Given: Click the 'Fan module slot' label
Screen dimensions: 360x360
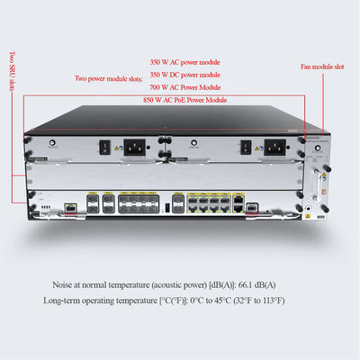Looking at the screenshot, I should [x=321, y=67].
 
